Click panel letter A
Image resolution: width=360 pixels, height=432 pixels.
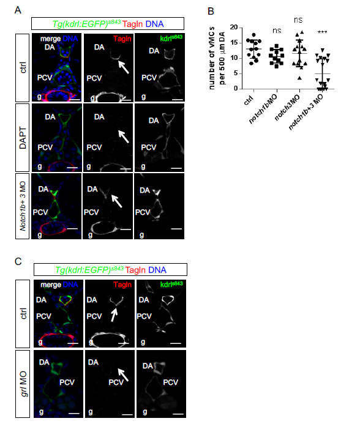coord(18,10)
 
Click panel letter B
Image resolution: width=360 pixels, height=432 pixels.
coord(211,11)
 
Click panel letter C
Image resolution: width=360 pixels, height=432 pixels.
coord(18,261)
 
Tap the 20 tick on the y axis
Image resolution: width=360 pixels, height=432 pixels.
coord(234,28)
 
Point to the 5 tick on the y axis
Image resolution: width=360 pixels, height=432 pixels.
coord(236,73)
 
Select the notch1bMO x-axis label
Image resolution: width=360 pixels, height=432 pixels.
coord(263,109)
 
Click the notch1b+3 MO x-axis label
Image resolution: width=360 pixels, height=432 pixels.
coord(306,112)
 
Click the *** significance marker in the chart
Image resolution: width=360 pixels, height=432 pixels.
coord(322,32)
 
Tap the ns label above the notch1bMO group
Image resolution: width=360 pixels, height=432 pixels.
coord(277,31)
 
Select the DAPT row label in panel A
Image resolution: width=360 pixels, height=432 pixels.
coord(23,138)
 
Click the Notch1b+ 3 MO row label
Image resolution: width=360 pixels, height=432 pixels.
coord(23,206)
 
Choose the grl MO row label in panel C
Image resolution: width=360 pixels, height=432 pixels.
coord(24,384)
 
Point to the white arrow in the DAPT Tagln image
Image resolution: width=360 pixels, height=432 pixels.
coord(124,136)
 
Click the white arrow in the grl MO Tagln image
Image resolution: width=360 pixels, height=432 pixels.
coord(123,375)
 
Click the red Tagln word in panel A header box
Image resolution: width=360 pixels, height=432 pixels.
coord(133,24)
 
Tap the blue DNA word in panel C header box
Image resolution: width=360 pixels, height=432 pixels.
coord(157,270)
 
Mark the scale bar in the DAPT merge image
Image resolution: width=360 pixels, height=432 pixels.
coord(72,168)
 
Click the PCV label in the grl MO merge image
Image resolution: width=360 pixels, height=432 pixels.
coord(67,382)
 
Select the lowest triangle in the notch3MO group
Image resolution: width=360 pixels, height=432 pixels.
coord(299,78)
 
